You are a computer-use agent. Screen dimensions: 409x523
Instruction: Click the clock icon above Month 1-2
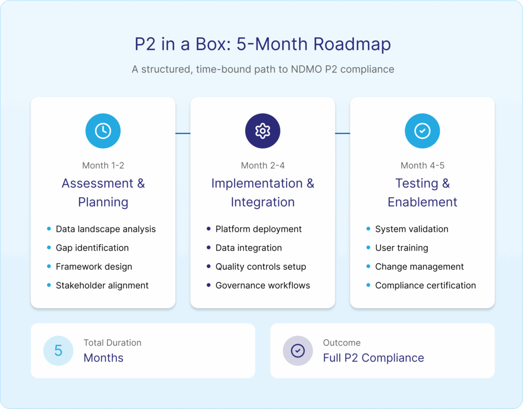[103, 131]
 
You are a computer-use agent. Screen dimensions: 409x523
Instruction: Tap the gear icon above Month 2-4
[263, 131]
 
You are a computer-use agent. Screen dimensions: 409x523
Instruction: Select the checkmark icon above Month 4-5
[422, 131]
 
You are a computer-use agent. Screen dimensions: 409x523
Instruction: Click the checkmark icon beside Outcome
[298, 350]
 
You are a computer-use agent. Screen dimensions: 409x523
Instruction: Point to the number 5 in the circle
[58, 350]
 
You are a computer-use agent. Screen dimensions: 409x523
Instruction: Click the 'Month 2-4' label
[263, 165]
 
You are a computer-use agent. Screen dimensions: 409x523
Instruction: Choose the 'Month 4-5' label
[422, 165]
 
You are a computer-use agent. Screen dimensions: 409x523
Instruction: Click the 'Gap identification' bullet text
[92, 248]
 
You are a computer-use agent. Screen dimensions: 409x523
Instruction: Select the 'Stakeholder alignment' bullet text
[102, 286]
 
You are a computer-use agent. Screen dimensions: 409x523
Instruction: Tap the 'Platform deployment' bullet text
[258, 229]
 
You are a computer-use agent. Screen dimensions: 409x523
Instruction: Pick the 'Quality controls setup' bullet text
[260, 267]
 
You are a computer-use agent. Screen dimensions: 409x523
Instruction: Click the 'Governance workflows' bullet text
[263, 286]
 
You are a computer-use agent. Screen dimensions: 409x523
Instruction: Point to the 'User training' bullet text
[401, 248]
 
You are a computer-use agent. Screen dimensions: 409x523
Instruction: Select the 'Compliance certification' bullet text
[425, 286]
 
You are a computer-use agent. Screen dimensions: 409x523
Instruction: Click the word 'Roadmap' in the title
[352, 44]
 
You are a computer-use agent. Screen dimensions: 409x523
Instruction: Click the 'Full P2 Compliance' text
[373, 358]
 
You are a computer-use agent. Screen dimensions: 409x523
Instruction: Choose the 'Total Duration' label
[112, 343]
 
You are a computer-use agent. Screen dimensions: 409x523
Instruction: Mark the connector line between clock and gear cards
[183, 134]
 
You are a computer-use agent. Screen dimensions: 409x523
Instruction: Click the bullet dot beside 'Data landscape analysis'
[49, 229]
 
